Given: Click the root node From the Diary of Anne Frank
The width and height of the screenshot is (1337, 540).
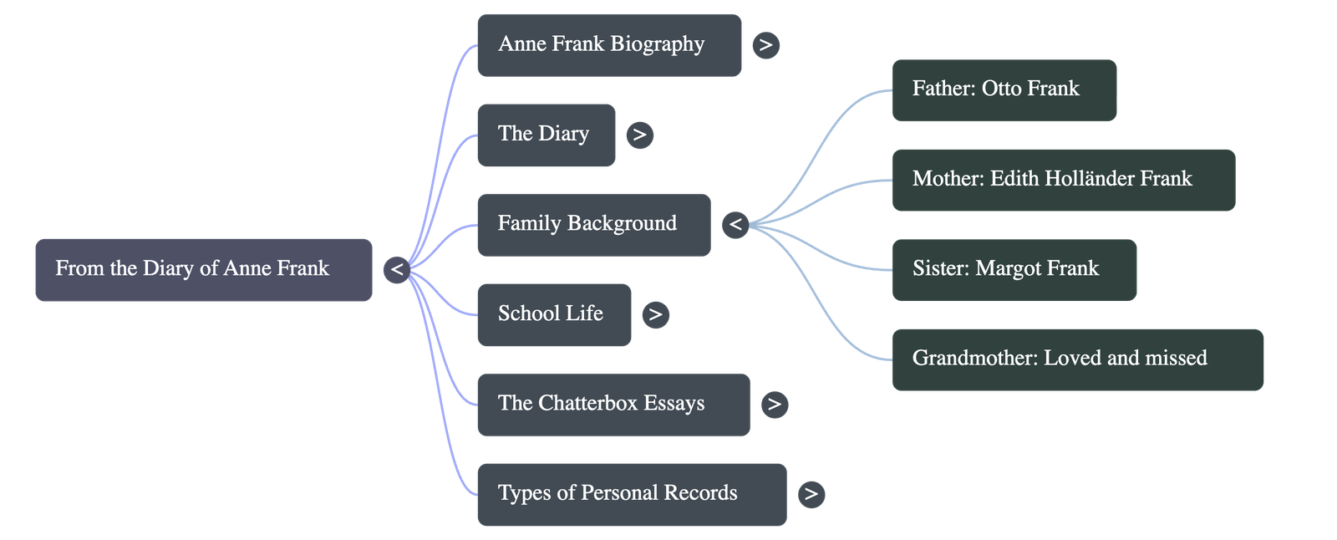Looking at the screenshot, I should click(x=203, y=269).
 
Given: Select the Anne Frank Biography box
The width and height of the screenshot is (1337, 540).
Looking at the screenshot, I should click(x=608, y=45).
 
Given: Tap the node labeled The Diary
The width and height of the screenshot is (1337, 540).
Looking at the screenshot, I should click(x=546, y=135).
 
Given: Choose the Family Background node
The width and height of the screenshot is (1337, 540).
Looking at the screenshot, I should click(x=592, y=224).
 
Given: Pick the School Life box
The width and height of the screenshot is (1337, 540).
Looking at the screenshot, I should click(x=553, y=314).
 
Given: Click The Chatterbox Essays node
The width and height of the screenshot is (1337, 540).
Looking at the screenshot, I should click(x=613, y=405).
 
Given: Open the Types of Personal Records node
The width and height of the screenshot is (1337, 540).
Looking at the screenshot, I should click(x=631, y=494).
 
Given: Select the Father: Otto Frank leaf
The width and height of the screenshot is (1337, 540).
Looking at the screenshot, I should click(x=1004, y=89).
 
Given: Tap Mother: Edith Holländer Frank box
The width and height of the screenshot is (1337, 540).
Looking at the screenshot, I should click(x=1063, y=179).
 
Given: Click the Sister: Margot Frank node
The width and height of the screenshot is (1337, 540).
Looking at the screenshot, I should click(x=1014, y=269).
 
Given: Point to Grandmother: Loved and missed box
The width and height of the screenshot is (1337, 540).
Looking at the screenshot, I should click(x=1077, y=359).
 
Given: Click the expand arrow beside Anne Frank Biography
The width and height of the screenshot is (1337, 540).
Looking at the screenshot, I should click(x=765, y=45).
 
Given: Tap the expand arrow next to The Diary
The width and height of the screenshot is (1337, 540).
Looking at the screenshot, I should click(x=639, y=135).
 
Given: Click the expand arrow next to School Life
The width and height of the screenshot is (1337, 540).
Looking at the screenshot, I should click(x=655, y=314).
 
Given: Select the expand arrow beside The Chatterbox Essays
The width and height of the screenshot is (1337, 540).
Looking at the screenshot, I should click(x=775, y=405).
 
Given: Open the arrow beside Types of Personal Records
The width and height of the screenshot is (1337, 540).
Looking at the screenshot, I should click(x=811, y=494).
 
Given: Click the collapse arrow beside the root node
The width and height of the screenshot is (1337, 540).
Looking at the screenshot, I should click(x=397, y=269).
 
